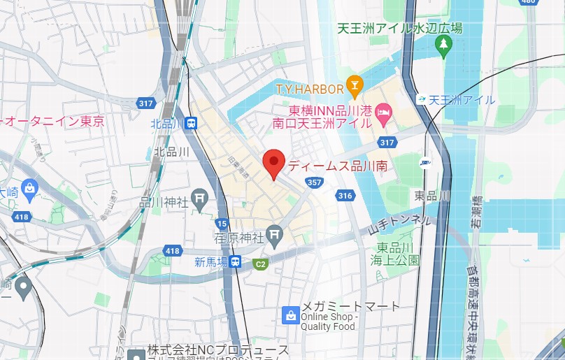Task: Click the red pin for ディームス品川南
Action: (273, 163)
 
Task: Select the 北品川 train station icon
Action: (192, 123)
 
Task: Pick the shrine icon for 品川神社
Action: (200, 199)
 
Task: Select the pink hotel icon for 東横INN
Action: (382, 110)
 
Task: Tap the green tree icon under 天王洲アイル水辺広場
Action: (443, 45)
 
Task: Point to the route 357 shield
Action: (314, 182)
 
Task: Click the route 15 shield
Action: (222, 223)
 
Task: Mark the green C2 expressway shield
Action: (260, 264)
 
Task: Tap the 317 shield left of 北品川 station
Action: (145, 103)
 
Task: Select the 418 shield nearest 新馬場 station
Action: (173, 250)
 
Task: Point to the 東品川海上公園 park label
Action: (398, 254)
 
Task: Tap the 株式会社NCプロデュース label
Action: (217, 350)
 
